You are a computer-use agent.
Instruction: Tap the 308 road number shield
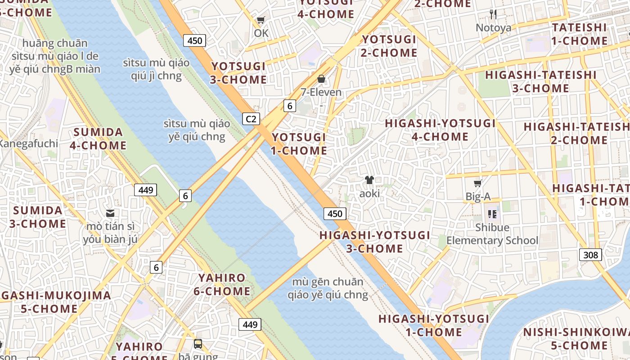click(590, 255)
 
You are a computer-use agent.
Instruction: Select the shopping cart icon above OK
click(261, 20)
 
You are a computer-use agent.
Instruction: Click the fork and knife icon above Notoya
click(493, 14)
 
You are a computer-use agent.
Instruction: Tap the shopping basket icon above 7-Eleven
click(321, 79)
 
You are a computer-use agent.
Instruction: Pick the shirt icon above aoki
click(369, 180)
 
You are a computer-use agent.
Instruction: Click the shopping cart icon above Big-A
click(477, 184)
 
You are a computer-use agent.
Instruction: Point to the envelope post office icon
click(110, 213)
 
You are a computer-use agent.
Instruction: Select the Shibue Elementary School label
click(492, 234)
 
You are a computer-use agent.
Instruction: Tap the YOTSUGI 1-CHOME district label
click(299, 144)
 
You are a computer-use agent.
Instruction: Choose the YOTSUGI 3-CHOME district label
click(238, 73)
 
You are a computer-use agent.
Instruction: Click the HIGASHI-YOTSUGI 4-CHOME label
click(440, 130)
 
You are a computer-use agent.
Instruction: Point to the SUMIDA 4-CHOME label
click(98, 139)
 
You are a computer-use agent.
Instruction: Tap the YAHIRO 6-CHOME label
click(222, 284)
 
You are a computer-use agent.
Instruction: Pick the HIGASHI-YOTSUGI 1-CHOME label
click(433, 325)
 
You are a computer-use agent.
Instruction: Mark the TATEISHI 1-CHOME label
click(580, 34)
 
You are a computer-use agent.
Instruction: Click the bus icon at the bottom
click(198, 344)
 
